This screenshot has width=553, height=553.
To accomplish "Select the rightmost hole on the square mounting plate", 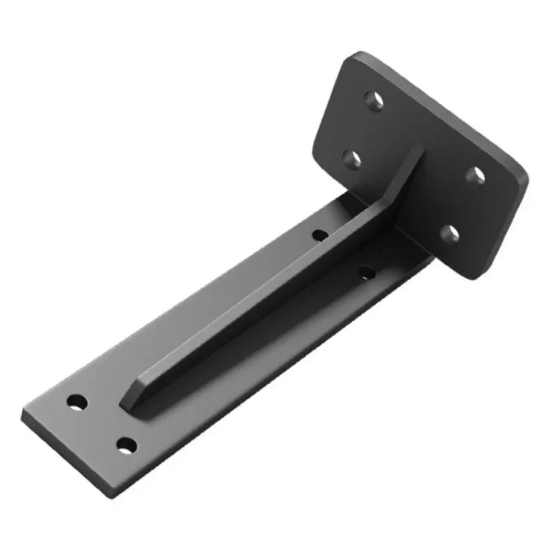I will [477, 175].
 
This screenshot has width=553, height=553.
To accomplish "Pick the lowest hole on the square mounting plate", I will [449, 234].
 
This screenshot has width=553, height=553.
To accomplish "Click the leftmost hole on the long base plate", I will [77, 403].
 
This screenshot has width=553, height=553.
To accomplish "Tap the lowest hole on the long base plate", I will [127, 445].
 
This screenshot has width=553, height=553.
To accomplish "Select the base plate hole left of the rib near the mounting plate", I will [320, 235].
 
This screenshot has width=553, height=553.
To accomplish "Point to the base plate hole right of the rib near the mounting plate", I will [366, 274].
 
